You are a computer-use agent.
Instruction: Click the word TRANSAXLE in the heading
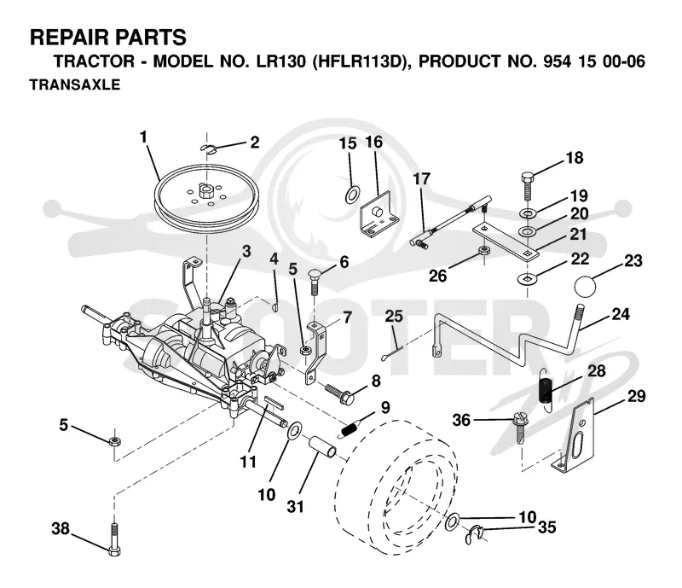point(75,84)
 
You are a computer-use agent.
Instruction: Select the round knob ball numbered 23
point(586,287)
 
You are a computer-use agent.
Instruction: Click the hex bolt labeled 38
point(113,539)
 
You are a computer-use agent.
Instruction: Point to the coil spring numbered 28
point(546,388)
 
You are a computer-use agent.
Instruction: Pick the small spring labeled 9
point(350,428)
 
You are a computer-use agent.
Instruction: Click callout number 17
point(421,178)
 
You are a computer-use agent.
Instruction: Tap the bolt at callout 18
point(527,186)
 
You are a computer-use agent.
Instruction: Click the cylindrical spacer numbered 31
point(322,447)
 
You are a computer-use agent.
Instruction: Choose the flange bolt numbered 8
point(339,393)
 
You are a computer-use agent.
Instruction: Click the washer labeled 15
point(352,195)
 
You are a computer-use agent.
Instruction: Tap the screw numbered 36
point(520,428)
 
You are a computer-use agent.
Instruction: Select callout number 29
point(636,396)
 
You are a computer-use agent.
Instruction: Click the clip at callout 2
point(209,148)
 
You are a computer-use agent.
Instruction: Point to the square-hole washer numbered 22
point(527,277)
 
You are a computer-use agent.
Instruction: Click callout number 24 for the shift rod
point(621,314)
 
